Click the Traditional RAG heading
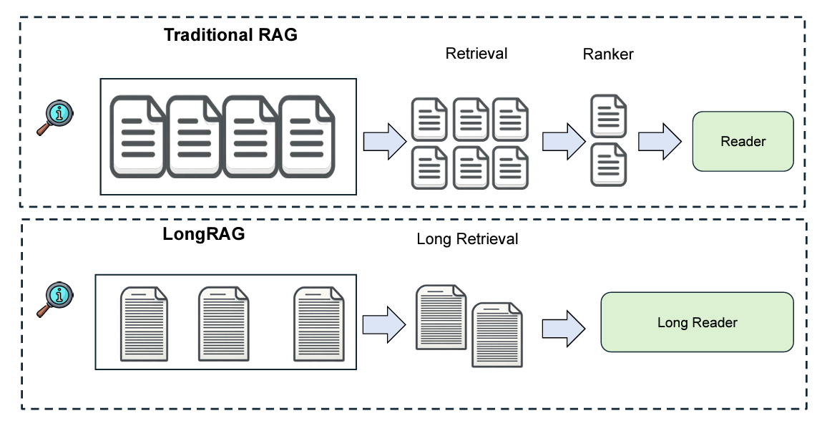click(x=230, y=35)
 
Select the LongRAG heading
click(x=204, y=233)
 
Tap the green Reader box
click(x=743, y=142)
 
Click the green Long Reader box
click(x=697, y=323)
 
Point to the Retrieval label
click(x=476, y=54)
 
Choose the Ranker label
click(x=608, y=54)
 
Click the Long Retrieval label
click(x=467, y=239)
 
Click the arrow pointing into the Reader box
click(x=660, y=141)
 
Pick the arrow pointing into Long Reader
click(x=564, y=327)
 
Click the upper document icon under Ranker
click(x=608, y=115)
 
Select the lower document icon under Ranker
click(x=608, y=164)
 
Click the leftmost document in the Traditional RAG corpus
click(x=138, y=137)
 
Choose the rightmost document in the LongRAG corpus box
click(x=320, y=323)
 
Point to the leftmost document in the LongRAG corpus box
click(x=144, y=323)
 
